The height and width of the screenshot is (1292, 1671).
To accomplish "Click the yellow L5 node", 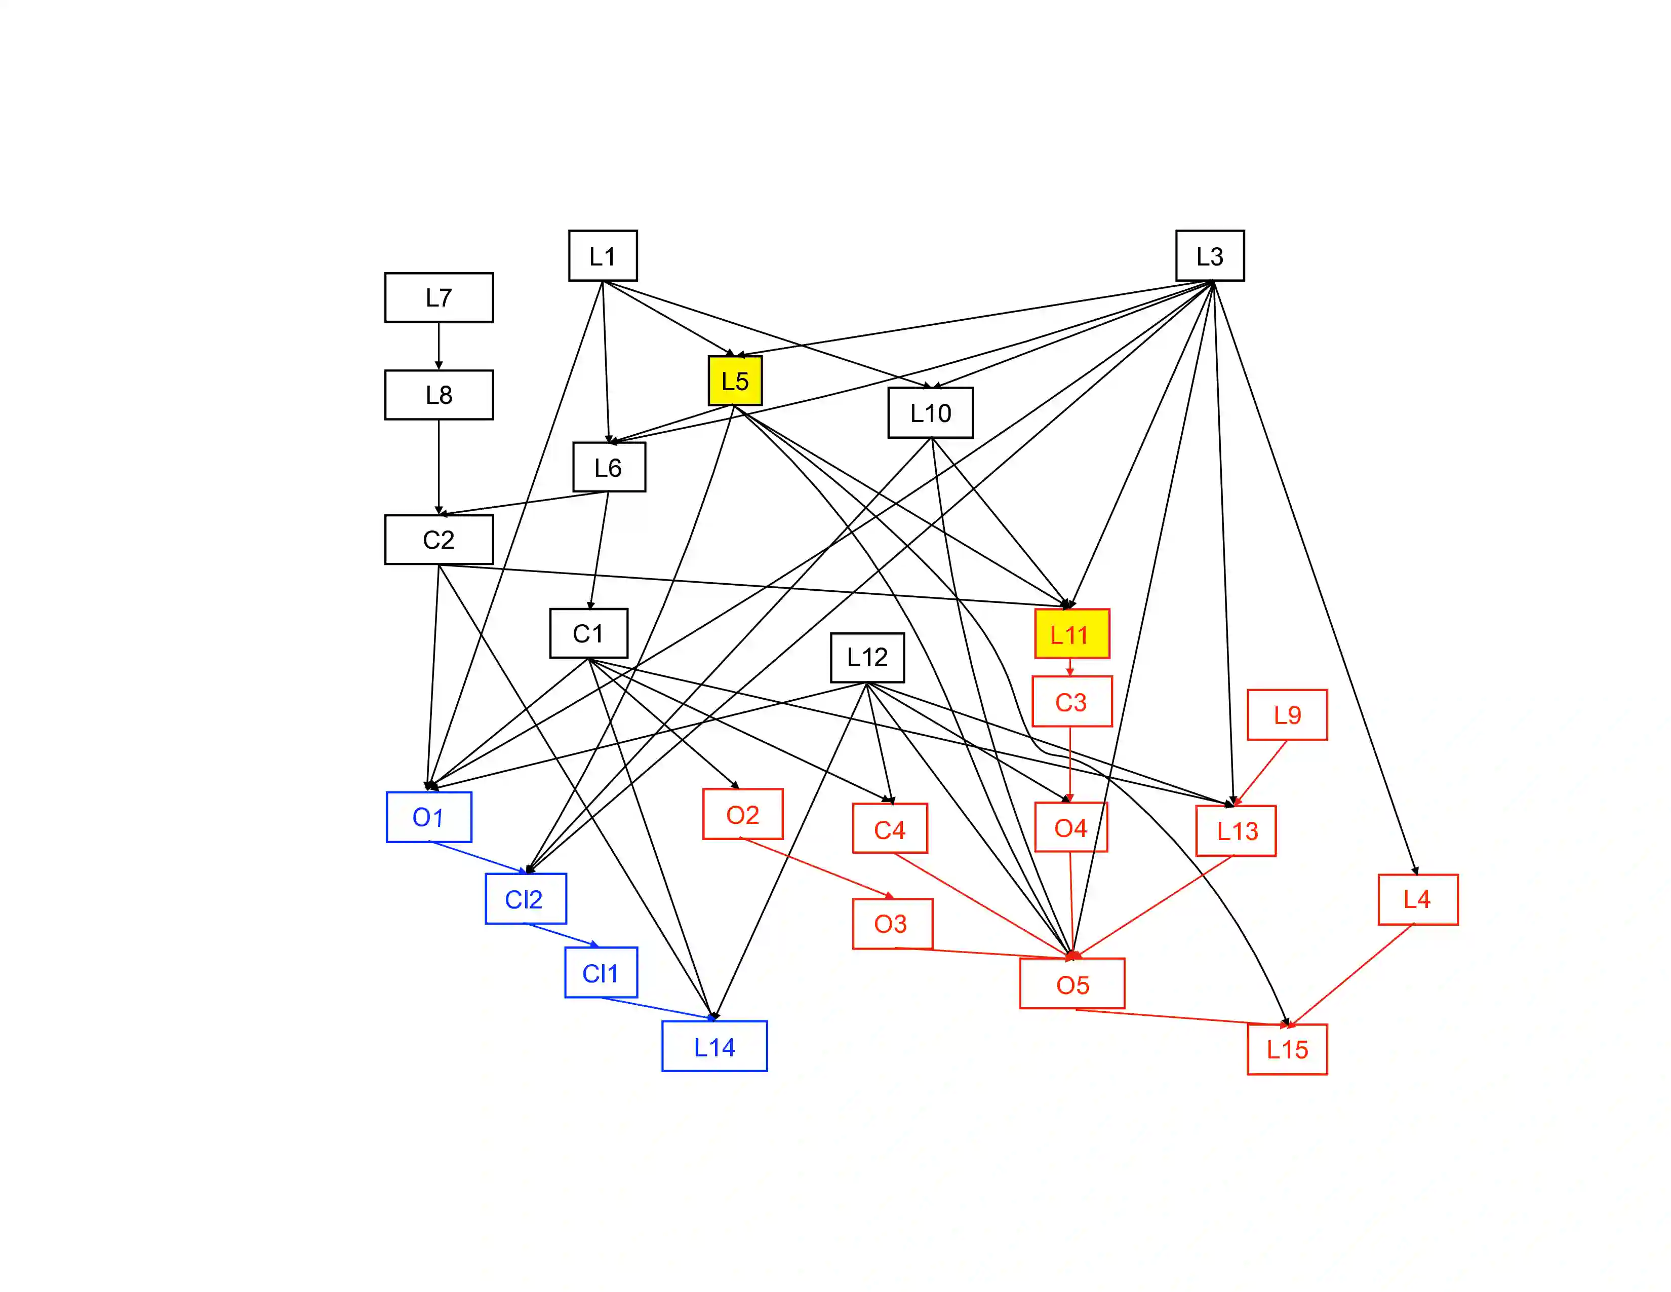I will (x=735, y=381).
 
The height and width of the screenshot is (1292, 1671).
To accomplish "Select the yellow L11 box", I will (x=1071, y=634).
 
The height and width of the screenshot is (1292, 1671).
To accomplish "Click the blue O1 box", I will (x=428, y=817).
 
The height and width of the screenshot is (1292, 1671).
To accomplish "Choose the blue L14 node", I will (x=714, y=1046).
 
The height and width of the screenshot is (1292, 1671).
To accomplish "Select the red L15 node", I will (x=1287, y=1049).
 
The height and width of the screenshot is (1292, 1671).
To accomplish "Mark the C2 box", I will (x=439, y=540).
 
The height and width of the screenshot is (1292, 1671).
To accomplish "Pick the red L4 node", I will (x=1418, y=899).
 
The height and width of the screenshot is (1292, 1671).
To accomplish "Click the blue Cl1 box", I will (x=601, y=972).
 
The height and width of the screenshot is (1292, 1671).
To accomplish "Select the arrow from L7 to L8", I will (x=439, y=346).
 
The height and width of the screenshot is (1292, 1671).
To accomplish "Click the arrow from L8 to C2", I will (x=439, y=467).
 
